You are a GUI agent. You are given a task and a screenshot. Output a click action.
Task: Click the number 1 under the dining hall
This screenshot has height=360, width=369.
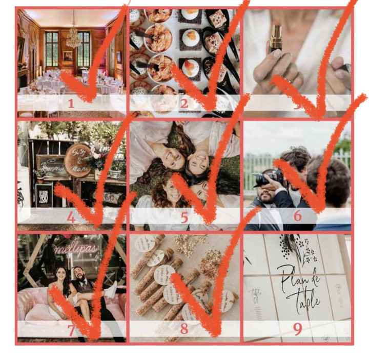(x=71, y=103)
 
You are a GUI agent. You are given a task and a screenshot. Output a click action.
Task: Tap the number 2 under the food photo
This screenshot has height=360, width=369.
(x=184, y=103)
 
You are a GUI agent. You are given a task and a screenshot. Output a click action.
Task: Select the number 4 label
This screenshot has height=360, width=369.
(x=71, y=217)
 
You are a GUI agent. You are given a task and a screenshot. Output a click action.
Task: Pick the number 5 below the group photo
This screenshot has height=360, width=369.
(x=184, y=217)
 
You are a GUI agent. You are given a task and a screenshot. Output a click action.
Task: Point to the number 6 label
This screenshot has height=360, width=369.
(x=297, y=216)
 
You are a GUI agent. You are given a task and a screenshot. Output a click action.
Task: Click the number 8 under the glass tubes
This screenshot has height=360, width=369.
(x=184, y=329)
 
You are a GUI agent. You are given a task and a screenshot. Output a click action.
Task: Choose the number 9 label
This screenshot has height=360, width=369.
(x=297, y=329)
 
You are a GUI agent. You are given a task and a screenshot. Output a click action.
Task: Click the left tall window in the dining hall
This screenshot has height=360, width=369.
(x=52, y=49)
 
